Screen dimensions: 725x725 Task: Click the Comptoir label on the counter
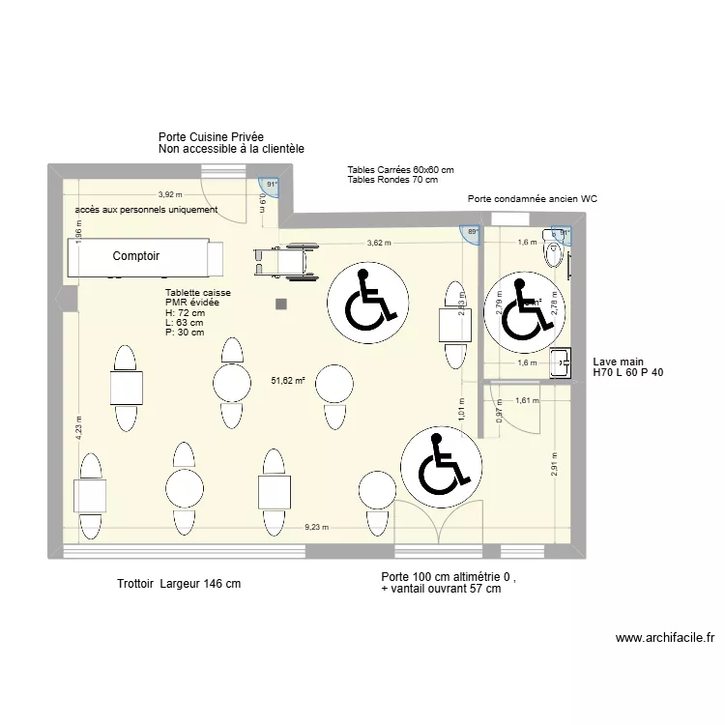click(135, 256)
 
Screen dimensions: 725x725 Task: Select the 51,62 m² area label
click(288, 381)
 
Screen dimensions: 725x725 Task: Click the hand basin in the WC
click(560, 363)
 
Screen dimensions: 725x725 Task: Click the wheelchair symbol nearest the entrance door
click(440, 466)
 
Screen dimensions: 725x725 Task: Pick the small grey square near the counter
click(281, 304)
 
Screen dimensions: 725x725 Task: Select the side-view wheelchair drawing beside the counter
click(286, 262)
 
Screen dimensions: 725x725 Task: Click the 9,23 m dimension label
click(316, 527)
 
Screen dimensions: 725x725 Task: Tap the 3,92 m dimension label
click(171, 193)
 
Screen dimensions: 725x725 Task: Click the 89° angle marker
click(473, 233)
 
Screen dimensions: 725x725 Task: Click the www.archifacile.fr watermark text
click(664, 638)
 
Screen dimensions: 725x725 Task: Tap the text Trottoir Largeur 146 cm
click(179, 584)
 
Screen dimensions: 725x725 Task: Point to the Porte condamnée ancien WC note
click(533, 198)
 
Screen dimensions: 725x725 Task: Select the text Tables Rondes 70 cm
click(392, 180)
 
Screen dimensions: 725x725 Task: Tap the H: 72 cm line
click(186, 313)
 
